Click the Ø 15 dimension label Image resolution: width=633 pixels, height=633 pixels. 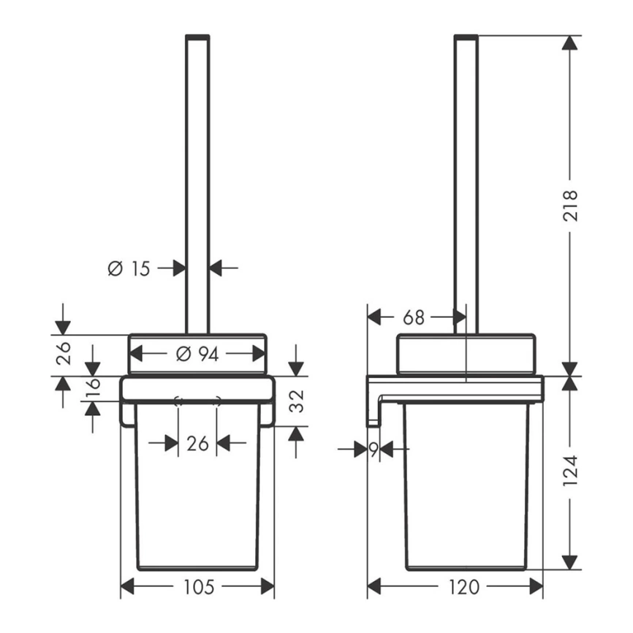[129, 268]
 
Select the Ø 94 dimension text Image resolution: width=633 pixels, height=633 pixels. [197, 354]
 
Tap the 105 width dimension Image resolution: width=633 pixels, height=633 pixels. [198, 586]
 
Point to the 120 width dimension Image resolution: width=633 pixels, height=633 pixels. [464, 586]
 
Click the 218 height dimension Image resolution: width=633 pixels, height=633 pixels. [570, 205]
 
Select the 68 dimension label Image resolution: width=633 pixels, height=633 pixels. [414, 317]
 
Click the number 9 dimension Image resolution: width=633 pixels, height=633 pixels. [374, 450]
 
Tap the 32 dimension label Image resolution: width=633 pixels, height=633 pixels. [297, 401]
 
